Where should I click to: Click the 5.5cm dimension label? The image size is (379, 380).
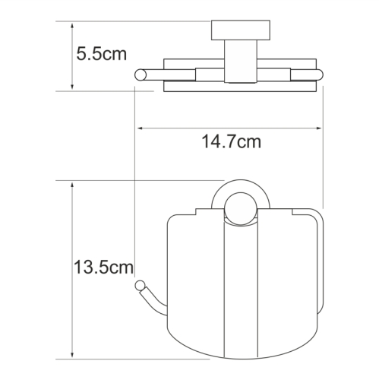coord(101,55)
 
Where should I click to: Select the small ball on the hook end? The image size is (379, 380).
coord(139,286)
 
